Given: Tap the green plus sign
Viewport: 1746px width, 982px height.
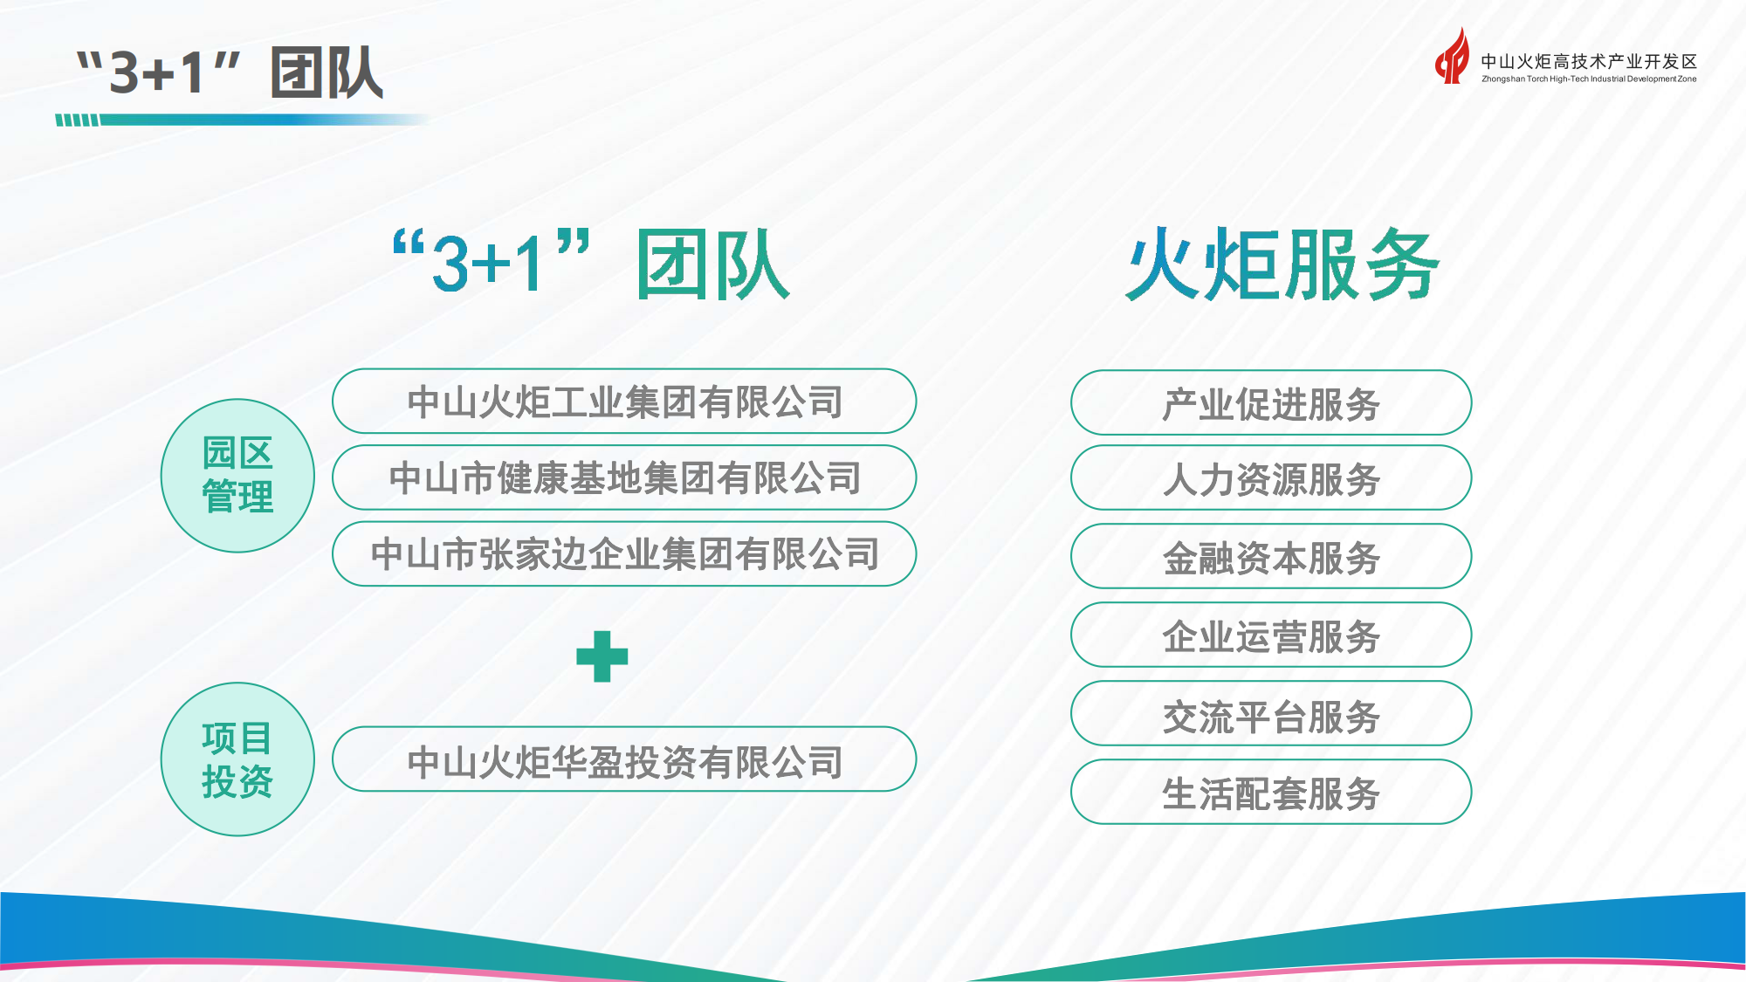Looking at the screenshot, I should (x=602, y=656).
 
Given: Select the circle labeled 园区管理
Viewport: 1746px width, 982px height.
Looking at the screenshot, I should (x=237, y=476).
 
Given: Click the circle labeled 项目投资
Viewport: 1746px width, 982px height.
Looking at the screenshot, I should (x=237, y=759).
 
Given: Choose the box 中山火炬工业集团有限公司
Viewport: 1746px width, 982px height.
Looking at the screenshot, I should (x=624, y=402).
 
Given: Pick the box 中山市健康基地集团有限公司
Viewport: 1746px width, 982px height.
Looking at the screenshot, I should (x=624, y=477).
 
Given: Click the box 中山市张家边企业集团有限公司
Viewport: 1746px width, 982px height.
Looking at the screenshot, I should (x=624, y=554).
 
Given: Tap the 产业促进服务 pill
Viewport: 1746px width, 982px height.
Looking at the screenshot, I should (x=1271, y=403).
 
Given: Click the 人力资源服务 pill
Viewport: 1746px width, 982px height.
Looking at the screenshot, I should (x=1271, y=478).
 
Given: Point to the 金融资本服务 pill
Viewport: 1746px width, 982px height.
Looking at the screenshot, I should (x=1271, y=557).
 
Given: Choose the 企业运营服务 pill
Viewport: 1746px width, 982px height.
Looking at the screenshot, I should (x=1271, y=635).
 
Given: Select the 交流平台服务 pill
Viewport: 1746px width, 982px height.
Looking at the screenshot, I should (x=1271, y=714).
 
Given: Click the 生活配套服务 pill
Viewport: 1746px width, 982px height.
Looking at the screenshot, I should (x=1271, y=793).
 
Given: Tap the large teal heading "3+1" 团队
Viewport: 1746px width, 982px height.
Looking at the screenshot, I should (x=592, y=264).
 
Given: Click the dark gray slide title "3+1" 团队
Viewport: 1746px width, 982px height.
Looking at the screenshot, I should (x=230, y=72).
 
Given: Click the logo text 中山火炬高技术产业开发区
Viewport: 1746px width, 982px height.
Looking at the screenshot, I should (x=1589, y=61).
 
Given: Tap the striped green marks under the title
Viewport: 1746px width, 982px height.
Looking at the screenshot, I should (x=78, y=120).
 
